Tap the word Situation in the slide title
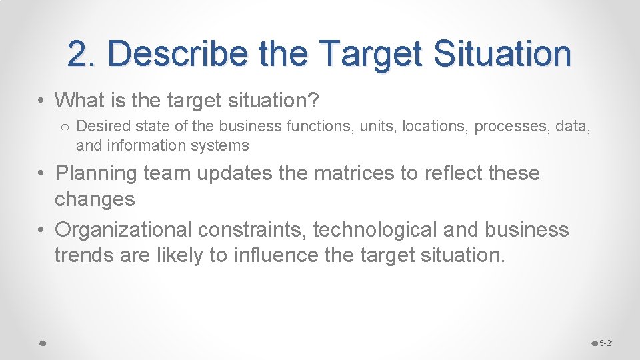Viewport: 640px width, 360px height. pos(503,54)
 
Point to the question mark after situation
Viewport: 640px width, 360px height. pos(315,101)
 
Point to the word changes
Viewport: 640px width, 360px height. pos(95,199)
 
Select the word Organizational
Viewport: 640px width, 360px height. pos(123,230)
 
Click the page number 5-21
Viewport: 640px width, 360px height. pos(607,343)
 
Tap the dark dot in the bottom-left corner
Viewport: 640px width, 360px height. pos(42,343)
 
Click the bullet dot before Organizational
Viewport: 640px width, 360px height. pos(42,231)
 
